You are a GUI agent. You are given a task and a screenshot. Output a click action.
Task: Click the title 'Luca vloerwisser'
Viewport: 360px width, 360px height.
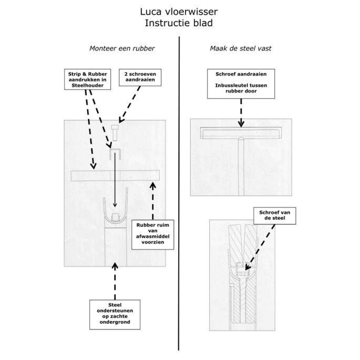tap(179, 11)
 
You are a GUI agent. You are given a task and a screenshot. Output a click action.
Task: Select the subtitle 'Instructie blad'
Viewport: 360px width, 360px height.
tap(179, 23)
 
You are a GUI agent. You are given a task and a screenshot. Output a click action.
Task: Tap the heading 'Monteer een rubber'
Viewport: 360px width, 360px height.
tap(121, 49)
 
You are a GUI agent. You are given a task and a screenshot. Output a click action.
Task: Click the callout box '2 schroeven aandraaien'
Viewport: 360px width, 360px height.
tap(140, 78)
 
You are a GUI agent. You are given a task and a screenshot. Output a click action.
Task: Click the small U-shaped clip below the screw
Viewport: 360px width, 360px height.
tap(116, 154)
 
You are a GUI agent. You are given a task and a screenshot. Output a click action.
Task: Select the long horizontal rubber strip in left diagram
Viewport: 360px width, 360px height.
tap(115, 176)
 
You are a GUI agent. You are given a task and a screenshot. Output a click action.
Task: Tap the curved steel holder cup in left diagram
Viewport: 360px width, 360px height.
tap(116, 215)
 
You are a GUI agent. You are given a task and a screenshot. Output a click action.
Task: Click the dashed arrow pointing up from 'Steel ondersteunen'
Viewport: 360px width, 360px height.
tap(115, 280)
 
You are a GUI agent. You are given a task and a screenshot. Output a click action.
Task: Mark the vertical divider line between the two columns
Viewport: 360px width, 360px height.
tap(180, 194)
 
